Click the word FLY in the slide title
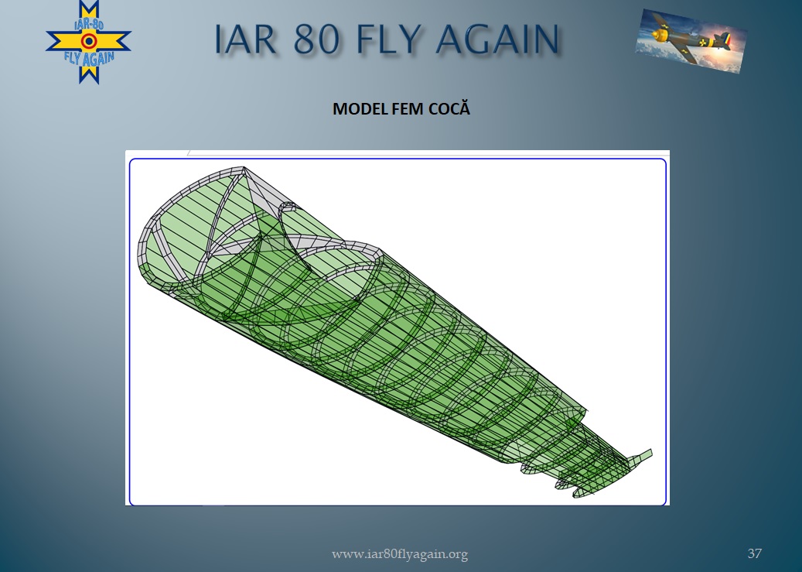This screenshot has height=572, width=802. (390, 39)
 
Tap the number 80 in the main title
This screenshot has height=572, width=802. (316, 39)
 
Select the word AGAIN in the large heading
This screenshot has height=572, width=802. (497, 39)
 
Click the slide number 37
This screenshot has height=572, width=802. (754, 553)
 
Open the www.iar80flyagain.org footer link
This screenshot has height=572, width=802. (400, 554)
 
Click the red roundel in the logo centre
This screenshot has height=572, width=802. (89, 41)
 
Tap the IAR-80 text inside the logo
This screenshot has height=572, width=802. (89, 25)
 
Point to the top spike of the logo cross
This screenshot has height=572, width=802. (89, 3)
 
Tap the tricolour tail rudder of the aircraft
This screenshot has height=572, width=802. (725, 40)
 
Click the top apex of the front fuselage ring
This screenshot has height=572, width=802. (244, 167)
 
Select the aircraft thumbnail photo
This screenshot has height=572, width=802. (691, 41)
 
